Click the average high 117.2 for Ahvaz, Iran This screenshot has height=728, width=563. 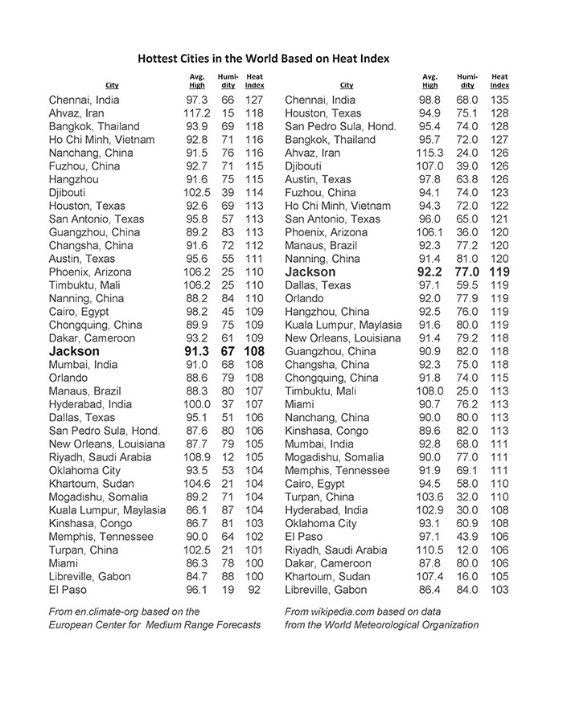coord(196,113)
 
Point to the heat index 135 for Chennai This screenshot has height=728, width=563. coord(499,100)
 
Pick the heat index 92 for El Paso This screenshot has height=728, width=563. coord(254,590)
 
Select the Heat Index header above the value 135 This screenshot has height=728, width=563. coord(499,81)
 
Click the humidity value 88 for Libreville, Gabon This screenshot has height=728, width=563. coord(228,577)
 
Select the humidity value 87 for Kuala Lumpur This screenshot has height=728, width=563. coord(228,510)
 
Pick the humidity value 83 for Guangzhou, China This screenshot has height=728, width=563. coord(228,232)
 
